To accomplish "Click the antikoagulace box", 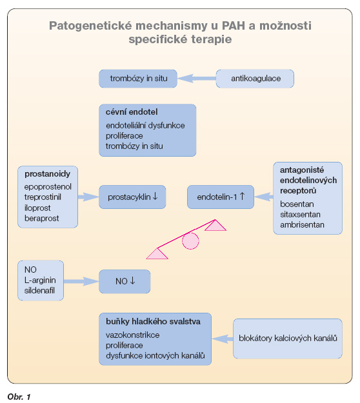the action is click(255, 79).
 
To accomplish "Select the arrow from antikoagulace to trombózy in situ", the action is click(197, 79).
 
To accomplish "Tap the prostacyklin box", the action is click(132, 197).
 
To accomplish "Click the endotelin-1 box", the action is click(221, 197).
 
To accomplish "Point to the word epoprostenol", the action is click(48, 186).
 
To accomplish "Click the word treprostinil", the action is click(43, 197).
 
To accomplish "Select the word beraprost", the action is click(42, 218).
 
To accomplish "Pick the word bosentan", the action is click(297, 204).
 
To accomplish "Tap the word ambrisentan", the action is click(302, 225).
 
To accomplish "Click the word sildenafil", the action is click(39, 290).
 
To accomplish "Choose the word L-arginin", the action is click(40, 280).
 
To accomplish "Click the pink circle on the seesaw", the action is click(190, 241).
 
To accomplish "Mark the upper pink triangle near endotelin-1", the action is click(215, 226).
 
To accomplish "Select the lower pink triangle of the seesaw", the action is click(157, 253).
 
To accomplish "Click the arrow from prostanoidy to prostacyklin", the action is click(88, 197).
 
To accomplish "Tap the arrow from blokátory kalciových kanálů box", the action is click(223, 339).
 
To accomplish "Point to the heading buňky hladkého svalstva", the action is click(154, 322).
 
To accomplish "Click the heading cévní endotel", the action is click(132, 112).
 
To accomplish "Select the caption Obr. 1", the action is click(19, 397).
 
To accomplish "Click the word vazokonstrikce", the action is click(133, 335).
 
